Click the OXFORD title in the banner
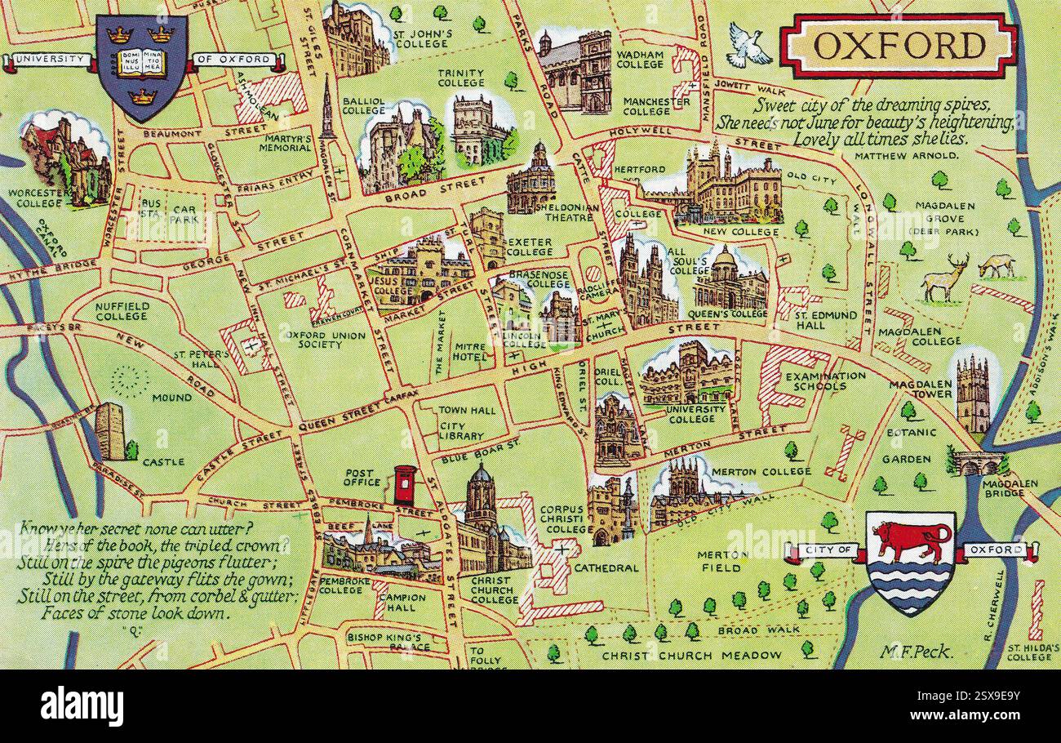click(x=898, y=47)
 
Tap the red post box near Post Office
click(x=403, y=485)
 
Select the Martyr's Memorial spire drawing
click(x=327, y=106)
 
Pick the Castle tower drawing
click(x=109, y=431)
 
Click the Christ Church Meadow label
click(x=690, y=655)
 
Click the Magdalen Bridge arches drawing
click(x=978, y=464)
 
